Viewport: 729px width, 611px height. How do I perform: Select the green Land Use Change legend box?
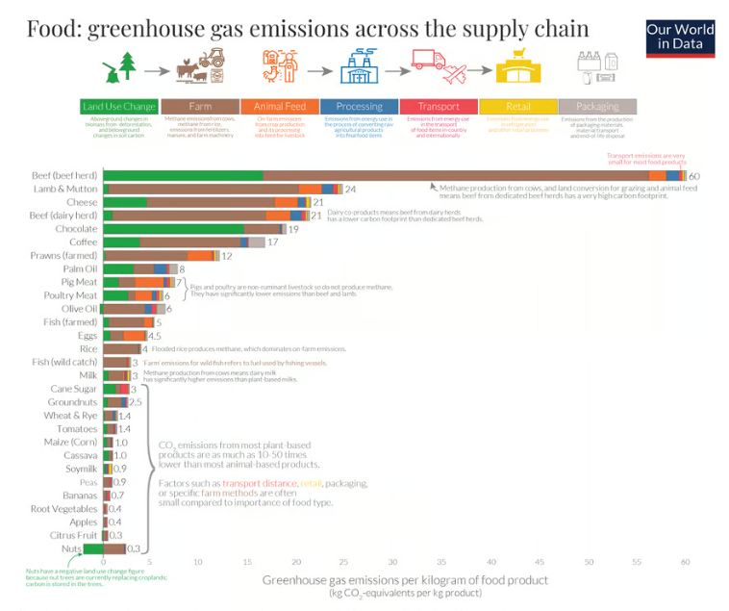(119, 106)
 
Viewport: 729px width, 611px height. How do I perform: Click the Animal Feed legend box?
(279, 106)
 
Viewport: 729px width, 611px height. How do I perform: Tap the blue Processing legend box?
(359, 106)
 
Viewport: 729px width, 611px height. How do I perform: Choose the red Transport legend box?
(438, 106)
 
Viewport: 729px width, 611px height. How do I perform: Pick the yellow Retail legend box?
(517, 106)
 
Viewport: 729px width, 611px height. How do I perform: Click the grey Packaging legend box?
(597, 106)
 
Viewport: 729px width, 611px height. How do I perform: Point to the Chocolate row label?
(76, 229)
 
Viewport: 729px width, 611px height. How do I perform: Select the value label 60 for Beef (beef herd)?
(694, 176)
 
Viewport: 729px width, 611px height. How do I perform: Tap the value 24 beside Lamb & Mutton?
(350, 190)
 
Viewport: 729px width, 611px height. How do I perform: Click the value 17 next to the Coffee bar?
(273, 242)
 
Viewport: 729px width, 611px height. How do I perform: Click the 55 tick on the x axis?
(636, 561)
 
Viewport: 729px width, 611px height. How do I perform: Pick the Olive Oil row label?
(79, 309)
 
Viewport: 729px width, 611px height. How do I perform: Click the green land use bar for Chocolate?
(173, 229)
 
